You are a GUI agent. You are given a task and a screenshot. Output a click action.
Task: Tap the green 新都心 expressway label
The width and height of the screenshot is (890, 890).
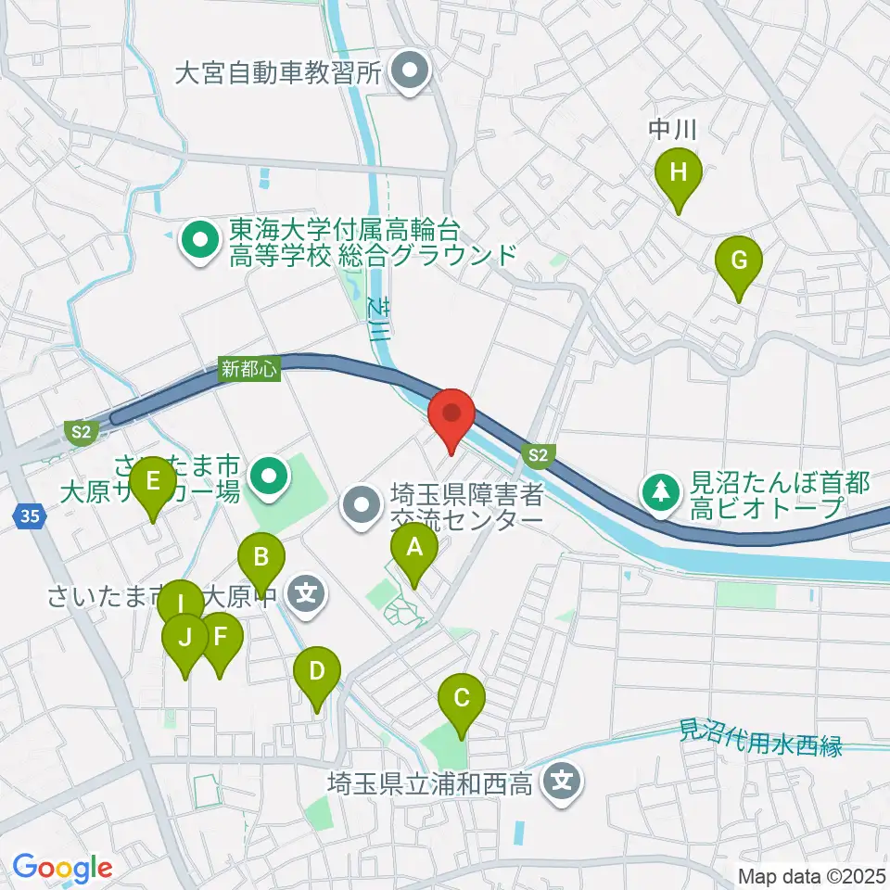[x=249, y=367]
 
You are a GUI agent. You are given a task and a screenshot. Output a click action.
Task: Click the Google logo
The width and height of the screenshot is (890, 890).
[x=63, y=868]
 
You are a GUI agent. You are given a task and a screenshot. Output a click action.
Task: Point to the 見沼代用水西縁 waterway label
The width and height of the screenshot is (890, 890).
[x=760, y=737]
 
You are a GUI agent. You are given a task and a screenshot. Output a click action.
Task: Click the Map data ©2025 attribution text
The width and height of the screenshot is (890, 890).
[x=811, y=875]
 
